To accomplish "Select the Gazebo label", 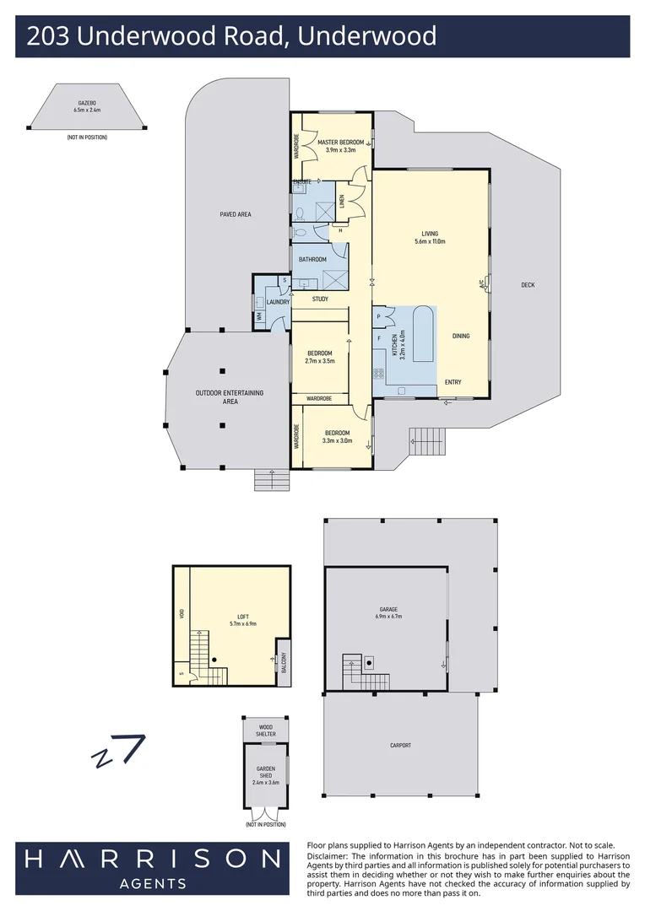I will tap(87, 103).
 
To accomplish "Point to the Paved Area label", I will tap(236, 214).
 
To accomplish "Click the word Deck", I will tap(528, 285).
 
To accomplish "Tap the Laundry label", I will tap(278, 302).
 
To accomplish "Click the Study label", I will tap(320, 299).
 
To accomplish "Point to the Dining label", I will tap(460, 336).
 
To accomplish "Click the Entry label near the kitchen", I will tap(453, 382).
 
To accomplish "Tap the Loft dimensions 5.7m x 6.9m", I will tap(242, 623).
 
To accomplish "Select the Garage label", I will tap(388, 609).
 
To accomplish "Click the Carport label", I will tap(400, 745).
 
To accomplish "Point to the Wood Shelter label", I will tap(266, 730).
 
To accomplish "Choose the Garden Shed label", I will tap(266, 772).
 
